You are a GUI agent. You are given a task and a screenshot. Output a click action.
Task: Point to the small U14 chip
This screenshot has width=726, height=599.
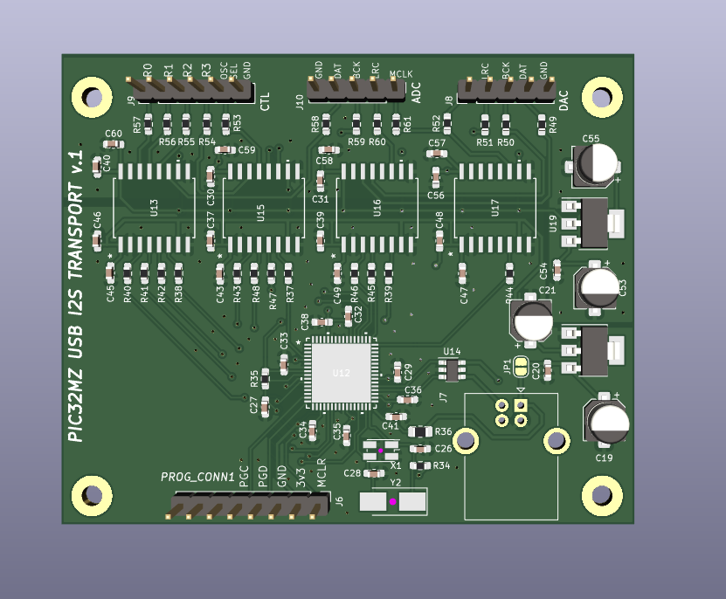(x=452, y=370)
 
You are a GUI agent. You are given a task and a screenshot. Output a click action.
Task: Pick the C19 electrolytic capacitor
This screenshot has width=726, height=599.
(x=609, y=423)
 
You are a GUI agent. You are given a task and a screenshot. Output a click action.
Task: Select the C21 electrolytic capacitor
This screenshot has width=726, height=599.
(x=533, y=320)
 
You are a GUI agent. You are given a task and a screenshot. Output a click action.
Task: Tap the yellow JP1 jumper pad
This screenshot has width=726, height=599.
(x=522, y=367)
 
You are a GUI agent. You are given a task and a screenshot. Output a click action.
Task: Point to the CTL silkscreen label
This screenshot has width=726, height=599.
(x=265, y=101)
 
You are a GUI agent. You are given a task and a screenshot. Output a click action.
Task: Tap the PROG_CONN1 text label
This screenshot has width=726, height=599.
(x=197, y=477)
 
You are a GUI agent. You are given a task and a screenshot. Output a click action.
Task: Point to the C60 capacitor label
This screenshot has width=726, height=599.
(x=113, y=134)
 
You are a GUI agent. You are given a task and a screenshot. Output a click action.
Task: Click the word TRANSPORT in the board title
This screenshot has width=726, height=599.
(x=80, y=250)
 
